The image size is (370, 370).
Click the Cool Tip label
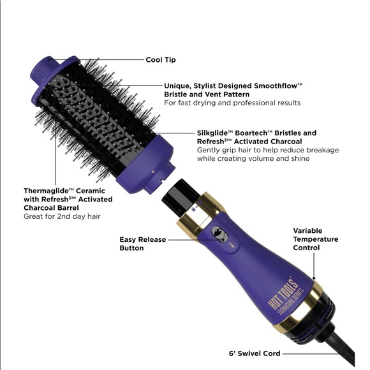tap(161, 59)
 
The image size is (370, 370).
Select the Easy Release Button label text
tap(142, 244)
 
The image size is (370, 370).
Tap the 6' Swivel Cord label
tap(254, 353)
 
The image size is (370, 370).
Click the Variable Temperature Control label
tap(315, 239)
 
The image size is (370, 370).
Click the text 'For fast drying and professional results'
tap(232, 103)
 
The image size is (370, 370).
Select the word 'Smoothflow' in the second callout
tap(280, 84)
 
